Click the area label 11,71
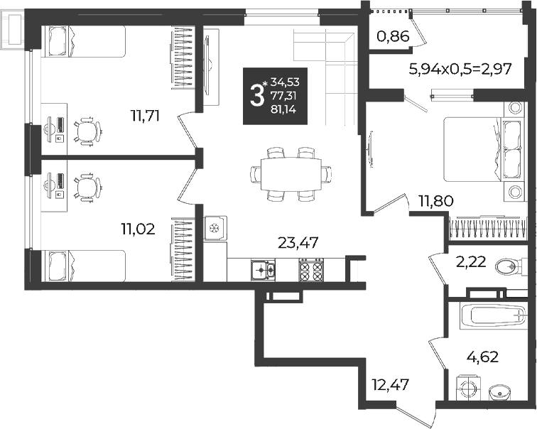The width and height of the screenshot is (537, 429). (x=145, y=116)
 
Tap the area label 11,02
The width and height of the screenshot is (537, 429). (x=138, y=229)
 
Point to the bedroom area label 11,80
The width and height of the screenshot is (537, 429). (x=436, y=200)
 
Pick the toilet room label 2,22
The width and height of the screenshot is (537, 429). (x=471, y=262)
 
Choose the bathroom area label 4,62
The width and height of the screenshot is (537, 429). (x=482, y=357)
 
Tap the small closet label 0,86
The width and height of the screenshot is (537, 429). (x=394, y=36)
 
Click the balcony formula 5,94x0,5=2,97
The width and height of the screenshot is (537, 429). (x=460, y=69)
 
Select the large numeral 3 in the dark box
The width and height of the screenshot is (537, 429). (x=256, y=96)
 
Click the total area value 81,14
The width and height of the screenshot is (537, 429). (x=285, y=109)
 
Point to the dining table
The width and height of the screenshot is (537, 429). (x=291, y=174)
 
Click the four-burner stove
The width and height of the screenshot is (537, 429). (x=311, y=269)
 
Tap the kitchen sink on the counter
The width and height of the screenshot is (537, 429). (x=263, y=270)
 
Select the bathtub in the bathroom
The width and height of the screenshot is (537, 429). (x=493, y=315)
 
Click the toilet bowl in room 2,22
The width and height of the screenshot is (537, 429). (x=508, y=266)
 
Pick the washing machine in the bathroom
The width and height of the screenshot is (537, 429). (x=468, y=388)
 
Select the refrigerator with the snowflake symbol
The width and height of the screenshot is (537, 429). (x=215, y=228)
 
